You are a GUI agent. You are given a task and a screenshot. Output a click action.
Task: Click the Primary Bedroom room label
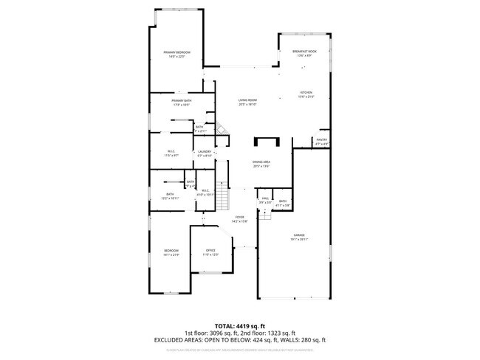pos(177,53)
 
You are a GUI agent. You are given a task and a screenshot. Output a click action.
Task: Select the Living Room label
pos(247,100)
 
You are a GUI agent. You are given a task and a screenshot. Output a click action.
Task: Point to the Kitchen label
pos(306,93)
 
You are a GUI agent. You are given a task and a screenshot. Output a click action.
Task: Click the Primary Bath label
pos(182,100)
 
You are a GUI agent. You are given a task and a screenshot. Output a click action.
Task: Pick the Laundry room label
pos(204,151)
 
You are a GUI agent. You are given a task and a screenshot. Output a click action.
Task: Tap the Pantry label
pos(321,139)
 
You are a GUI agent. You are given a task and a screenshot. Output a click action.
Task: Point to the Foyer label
pos(239,217)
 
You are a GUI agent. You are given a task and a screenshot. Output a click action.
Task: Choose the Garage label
pos(298,235)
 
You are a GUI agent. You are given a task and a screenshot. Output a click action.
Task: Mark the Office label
pos(211,252)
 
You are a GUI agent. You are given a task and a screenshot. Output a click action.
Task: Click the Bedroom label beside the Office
pos(171,252)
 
